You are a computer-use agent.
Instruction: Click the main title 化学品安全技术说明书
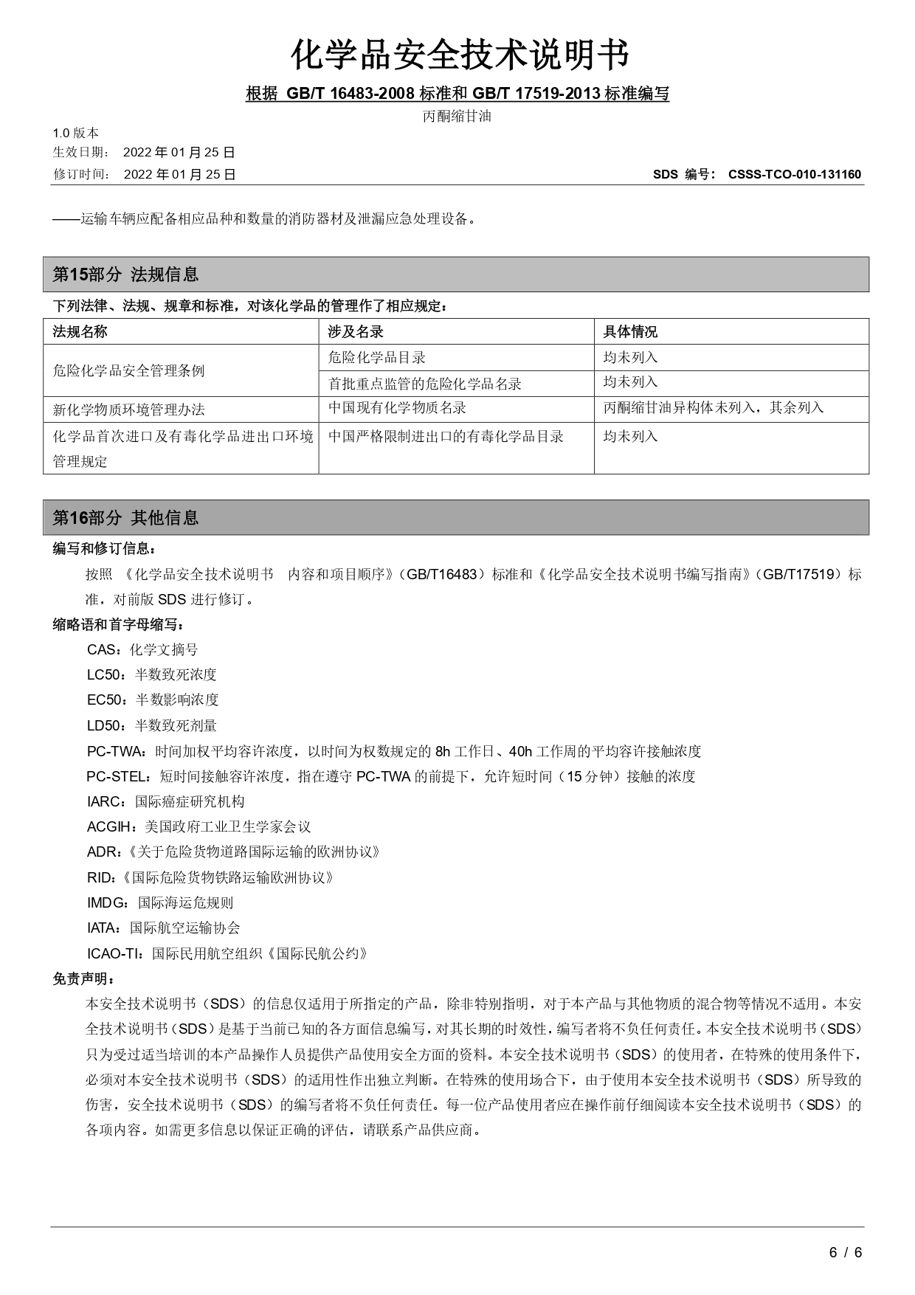point(460,55)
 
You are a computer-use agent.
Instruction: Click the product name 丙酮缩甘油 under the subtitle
point(457,116)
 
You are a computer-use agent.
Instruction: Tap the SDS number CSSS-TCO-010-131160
point(794,175)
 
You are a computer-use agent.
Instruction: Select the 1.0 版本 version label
point(75,133)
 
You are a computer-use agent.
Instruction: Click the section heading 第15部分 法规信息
point(125,274)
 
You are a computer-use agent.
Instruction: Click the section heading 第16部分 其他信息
point(125,517)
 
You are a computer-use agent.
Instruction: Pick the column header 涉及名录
point(356,331)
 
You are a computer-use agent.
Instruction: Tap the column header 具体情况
point(630,331)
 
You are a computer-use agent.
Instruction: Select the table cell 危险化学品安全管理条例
point(128,370)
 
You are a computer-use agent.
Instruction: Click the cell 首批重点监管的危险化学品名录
point(424,384)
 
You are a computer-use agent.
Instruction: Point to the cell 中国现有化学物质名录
point(397,408)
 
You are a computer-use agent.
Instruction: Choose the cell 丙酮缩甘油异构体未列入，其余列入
point(713,408)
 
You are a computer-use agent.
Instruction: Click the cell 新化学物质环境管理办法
point(128,410)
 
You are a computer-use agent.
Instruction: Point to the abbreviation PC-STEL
point(118,776)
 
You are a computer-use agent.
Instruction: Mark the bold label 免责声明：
point(83,978)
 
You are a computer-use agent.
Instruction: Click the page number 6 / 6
point(846,1252)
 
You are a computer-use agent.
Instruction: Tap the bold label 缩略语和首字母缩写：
point(119,624)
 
